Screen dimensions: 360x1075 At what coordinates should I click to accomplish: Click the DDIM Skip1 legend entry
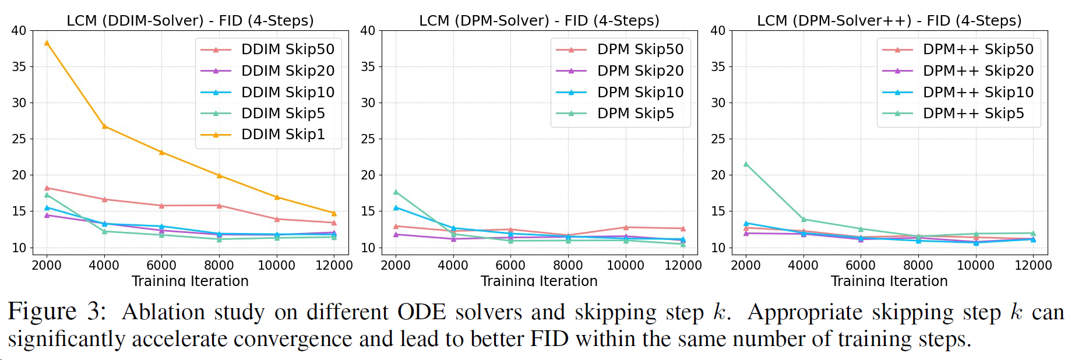click(x=283, y=135)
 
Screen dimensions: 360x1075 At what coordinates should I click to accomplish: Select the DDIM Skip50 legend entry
click(x=288, y=50)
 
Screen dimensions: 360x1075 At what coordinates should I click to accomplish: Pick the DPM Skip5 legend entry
click(x=635, y=114)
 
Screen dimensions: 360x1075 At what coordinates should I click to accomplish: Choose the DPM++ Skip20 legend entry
click(x=978, y=71)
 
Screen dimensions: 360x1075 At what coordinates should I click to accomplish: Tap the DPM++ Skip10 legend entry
click(x=978, y=92)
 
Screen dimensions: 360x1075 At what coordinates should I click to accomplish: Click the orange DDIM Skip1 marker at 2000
click(x=47, y=43)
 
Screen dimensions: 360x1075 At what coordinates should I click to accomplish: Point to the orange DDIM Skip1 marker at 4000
click(x=104, y=126)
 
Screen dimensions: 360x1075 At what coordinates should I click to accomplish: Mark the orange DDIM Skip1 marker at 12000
click(x=334, y=213)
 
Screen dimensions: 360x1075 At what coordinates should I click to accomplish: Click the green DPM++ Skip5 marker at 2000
click(x=746, y=164)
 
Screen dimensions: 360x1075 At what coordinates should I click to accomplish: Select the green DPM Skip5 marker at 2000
click(x=396, y=192)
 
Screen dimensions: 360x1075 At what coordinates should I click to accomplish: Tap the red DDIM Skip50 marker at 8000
click(x=219, y=206)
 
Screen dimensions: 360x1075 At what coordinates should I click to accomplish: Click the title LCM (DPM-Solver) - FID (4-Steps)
click(x=539, y=21)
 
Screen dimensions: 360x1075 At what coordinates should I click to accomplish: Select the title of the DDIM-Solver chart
click(x=190, y=21)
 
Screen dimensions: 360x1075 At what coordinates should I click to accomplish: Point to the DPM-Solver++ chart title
click(x=889, y=21)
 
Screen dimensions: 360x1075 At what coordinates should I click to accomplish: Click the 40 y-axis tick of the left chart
click(x=19, y=30)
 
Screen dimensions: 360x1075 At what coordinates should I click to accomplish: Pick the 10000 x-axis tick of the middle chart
click(x=625, y=266)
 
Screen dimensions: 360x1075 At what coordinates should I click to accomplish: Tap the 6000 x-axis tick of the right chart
click(x=861, y=266)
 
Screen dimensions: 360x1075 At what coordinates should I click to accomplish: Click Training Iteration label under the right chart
click(x=889, y=281)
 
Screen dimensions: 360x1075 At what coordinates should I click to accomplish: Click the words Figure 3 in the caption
click(x=57, y=312)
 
